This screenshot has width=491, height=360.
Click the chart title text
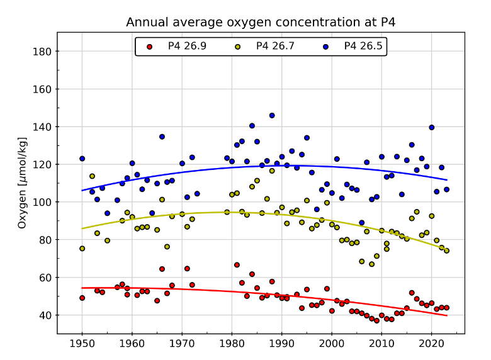coord(261,23)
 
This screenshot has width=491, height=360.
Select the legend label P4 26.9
coord(187,46)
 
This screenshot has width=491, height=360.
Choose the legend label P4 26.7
coord(275,46)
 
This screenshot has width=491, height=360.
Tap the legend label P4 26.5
coord(363,46)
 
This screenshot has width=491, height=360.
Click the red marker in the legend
coord(149,47)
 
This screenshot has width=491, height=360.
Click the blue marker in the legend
coord(325,47)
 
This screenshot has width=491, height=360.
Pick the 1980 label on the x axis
coord(232,344)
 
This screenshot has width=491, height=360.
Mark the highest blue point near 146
coord(272,115)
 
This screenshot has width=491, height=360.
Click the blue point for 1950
coord(82,159)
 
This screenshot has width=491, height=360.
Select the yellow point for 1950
coord(82,249)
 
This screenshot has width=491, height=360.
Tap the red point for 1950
coord(82,298)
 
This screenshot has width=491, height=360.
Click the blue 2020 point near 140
coord(432,127)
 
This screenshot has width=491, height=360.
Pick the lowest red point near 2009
coord(376,320)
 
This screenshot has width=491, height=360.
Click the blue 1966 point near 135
coord(162,137)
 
